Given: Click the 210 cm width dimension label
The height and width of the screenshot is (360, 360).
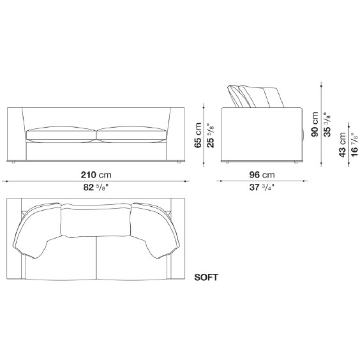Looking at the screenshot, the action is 96,175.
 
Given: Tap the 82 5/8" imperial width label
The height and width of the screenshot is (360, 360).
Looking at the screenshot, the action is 95,188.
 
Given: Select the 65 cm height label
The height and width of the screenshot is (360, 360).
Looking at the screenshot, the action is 198,135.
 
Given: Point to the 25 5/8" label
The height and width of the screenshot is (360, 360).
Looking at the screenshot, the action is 210,135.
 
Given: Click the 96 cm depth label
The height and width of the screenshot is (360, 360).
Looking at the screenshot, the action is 262,175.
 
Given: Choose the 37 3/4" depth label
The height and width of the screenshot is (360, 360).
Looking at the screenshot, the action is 262,188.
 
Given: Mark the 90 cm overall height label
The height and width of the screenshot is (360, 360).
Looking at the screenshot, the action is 315,124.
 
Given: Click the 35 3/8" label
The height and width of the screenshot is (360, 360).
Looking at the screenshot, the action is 327,124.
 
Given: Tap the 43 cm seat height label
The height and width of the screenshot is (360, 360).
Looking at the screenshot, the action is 342,145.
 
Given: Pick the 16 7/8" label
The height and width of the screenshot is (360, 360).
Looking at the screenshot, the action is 354,145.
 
